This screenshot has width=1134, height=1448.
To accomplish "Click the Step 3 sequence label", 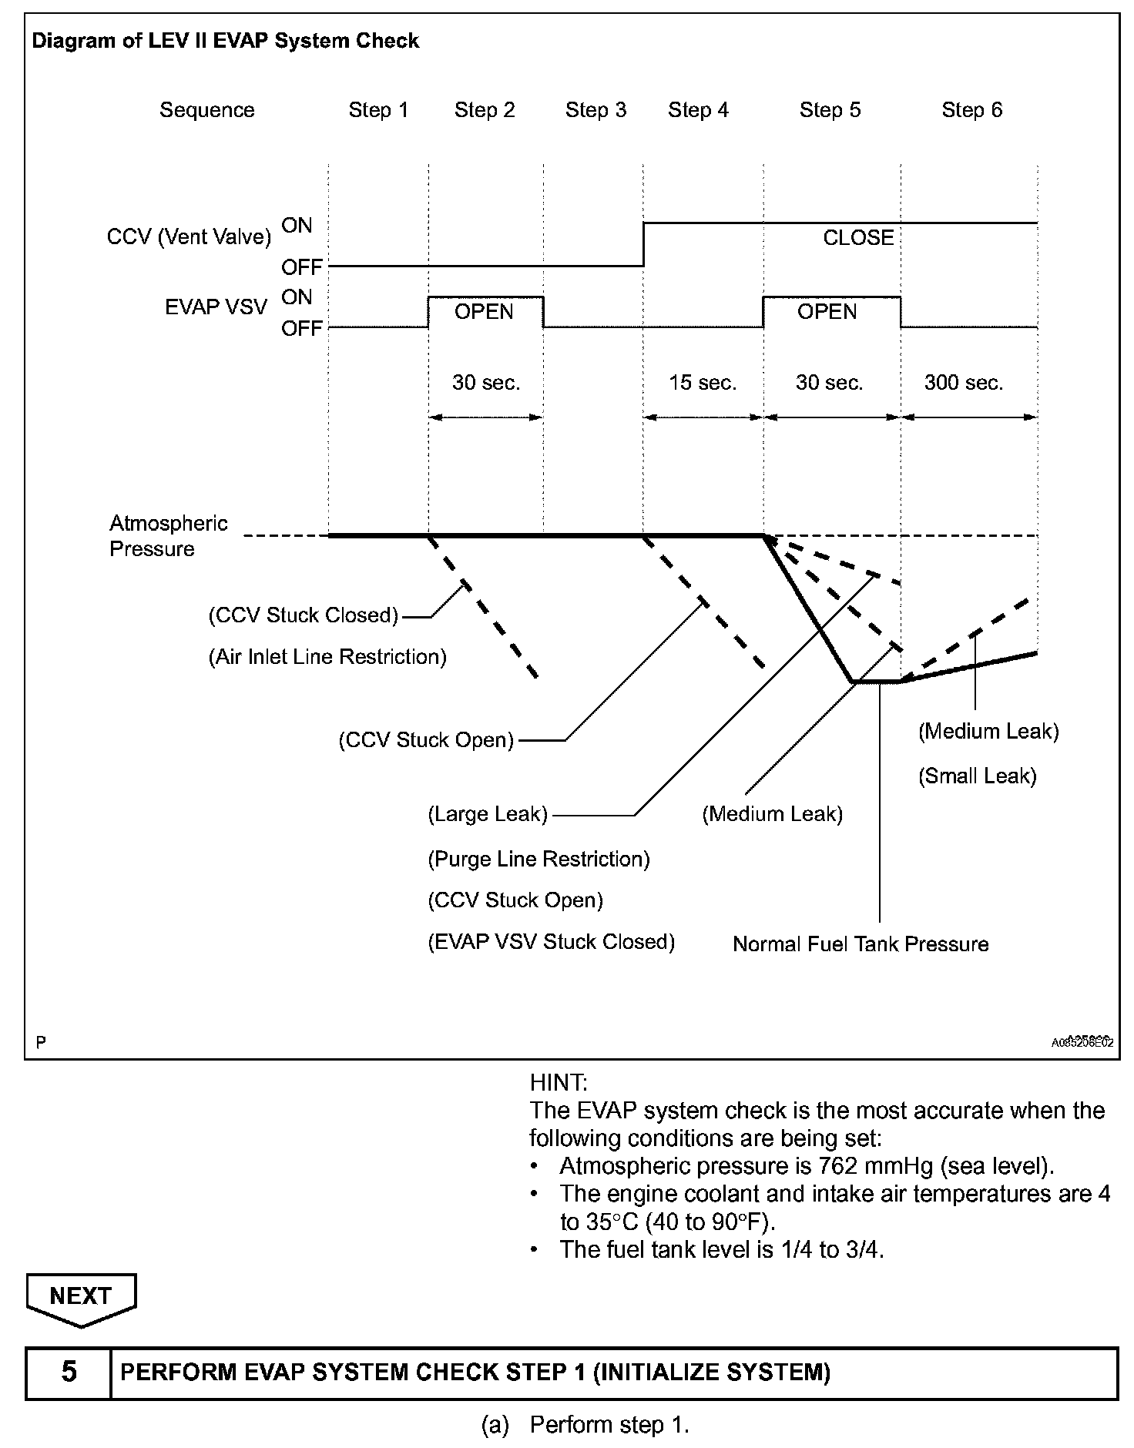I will pos(596,110).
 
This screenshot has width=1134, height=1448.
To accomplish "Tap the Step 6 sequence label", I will pos(971,110).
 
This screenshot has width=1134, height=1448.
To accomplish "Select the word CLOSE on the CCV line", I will pos(858,238).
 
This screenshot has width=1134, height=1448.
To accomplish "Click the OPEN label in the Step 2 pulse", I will pos(484,312).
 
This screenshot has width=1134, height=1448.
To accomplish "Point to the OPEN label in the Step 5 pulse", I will pos(827,312).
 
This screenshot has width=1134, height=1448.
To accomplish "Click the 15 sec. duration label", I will pos(703,383).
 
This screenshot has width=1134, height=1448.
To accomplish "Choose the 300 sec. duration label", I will pos(963,383).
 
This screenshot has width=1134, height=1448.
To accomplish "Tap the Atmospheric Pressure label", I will pos(169,536).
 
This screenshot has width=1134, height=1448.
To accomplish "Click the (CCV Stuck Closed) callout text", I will pos(304,615).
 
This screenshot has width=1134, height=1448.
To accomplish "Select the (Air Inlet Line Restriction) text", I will pos(327,657).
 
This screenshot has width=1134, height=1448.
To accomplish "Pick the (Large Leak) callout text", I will pos(488,814).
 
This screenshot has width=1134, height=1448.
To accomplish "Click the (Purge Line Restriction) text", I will pos(538,860).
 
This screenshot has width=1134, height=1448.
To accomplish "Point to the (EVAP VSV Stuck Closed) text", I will pos(551,942).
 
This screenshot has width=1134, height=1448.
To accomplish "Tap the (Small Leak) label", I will pos(977,776).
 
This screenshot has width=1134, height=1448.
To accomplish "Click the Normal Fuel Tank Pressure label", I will pos(861,944).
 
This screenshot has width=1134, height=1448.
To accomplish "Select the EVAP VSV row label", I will pos(216,308).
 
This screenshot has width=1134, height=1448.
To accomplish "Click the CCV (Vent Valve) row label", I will pos(189,237).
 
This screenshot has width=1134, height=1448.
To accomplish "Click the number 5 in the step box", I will pos(69,1372).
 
